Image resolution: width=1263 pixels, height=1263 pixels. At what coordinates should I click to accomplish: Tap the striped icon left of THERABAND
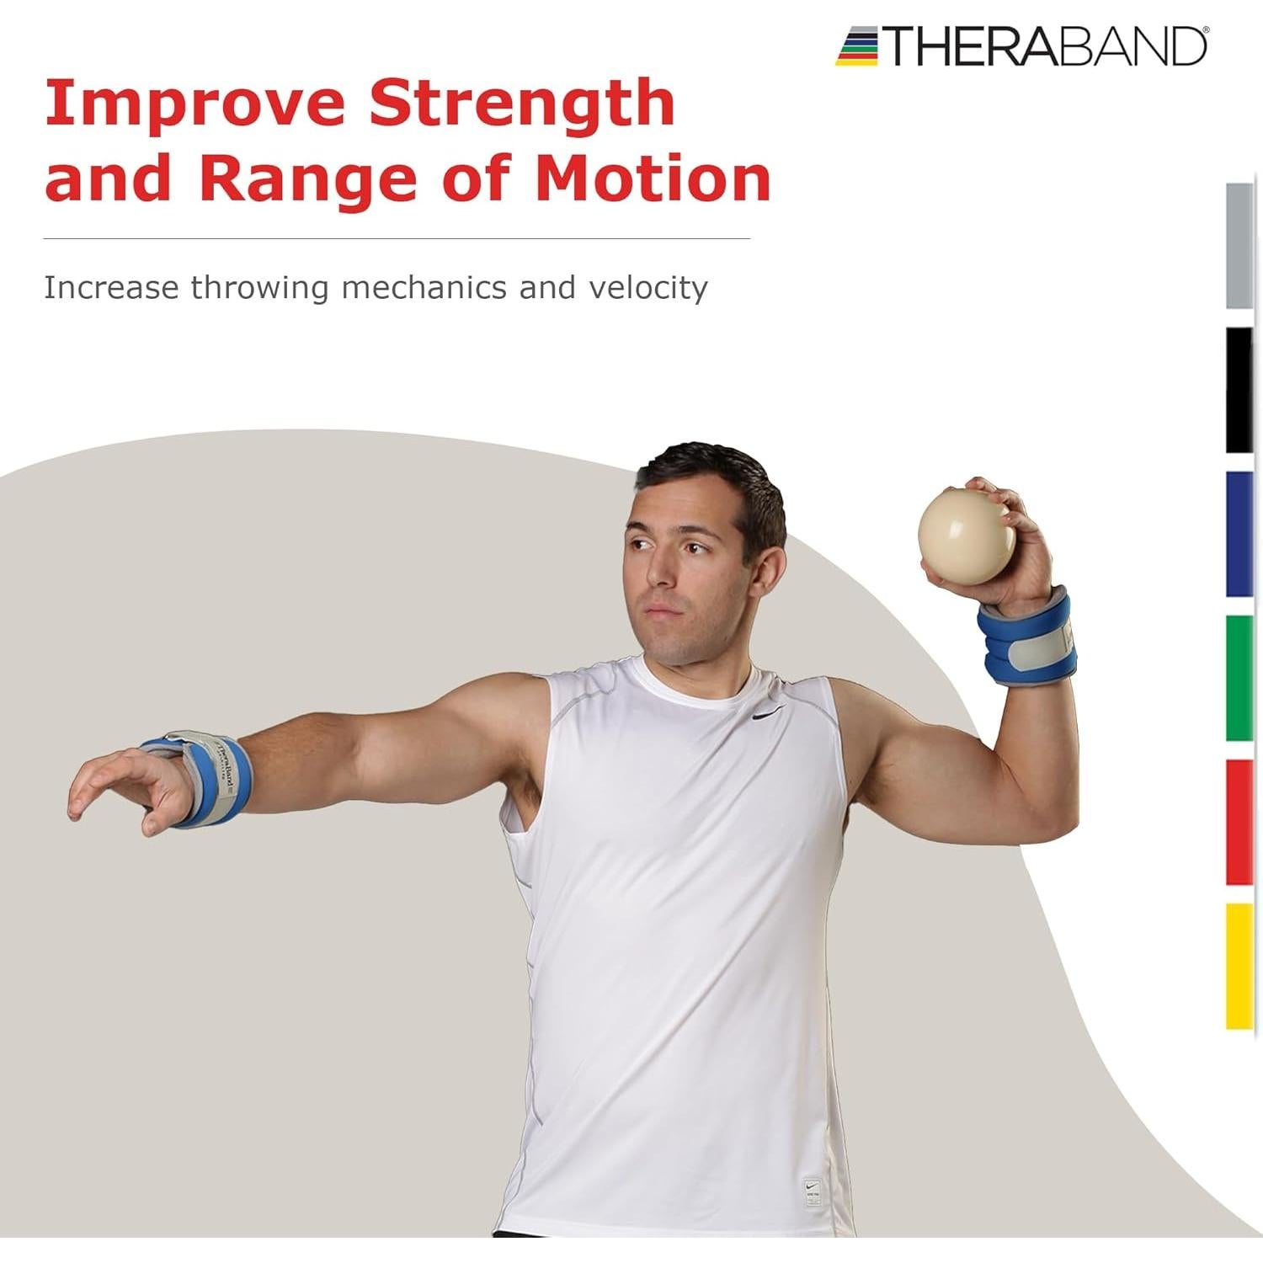(x=858, y=46)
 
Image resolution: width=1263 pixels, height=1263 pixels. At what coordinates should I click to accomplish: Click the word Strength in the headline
(x=522, y=104)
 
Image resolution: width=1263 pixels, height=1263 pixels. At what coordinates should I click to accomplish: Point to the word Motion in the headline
(x=653, y=179)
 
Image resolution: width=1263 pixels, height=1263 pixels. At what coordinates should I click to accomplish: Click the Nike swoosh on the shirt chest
(x=769, y=713)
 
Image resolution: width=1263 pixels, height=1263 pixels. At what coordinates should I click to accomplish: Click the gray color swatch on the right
(x=1239, y=246)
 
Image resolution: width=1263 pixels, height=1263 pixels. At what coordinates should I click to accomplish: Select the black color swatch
(x=1239, y=390)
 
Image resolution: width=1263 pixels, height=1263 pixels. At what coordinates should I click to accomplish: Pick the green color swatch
(x=1239, y=678)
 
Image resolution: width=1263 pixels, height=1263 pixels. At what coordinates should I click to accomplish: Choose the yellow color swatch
(x=1239, y=966)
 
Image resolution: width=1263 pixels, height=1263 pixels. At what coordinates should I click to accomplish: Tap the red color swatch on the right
(x=1239, y=822)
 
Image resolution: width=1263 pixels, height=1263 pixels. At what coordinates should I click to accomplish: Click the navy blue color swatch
(x=1239, y=534)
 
